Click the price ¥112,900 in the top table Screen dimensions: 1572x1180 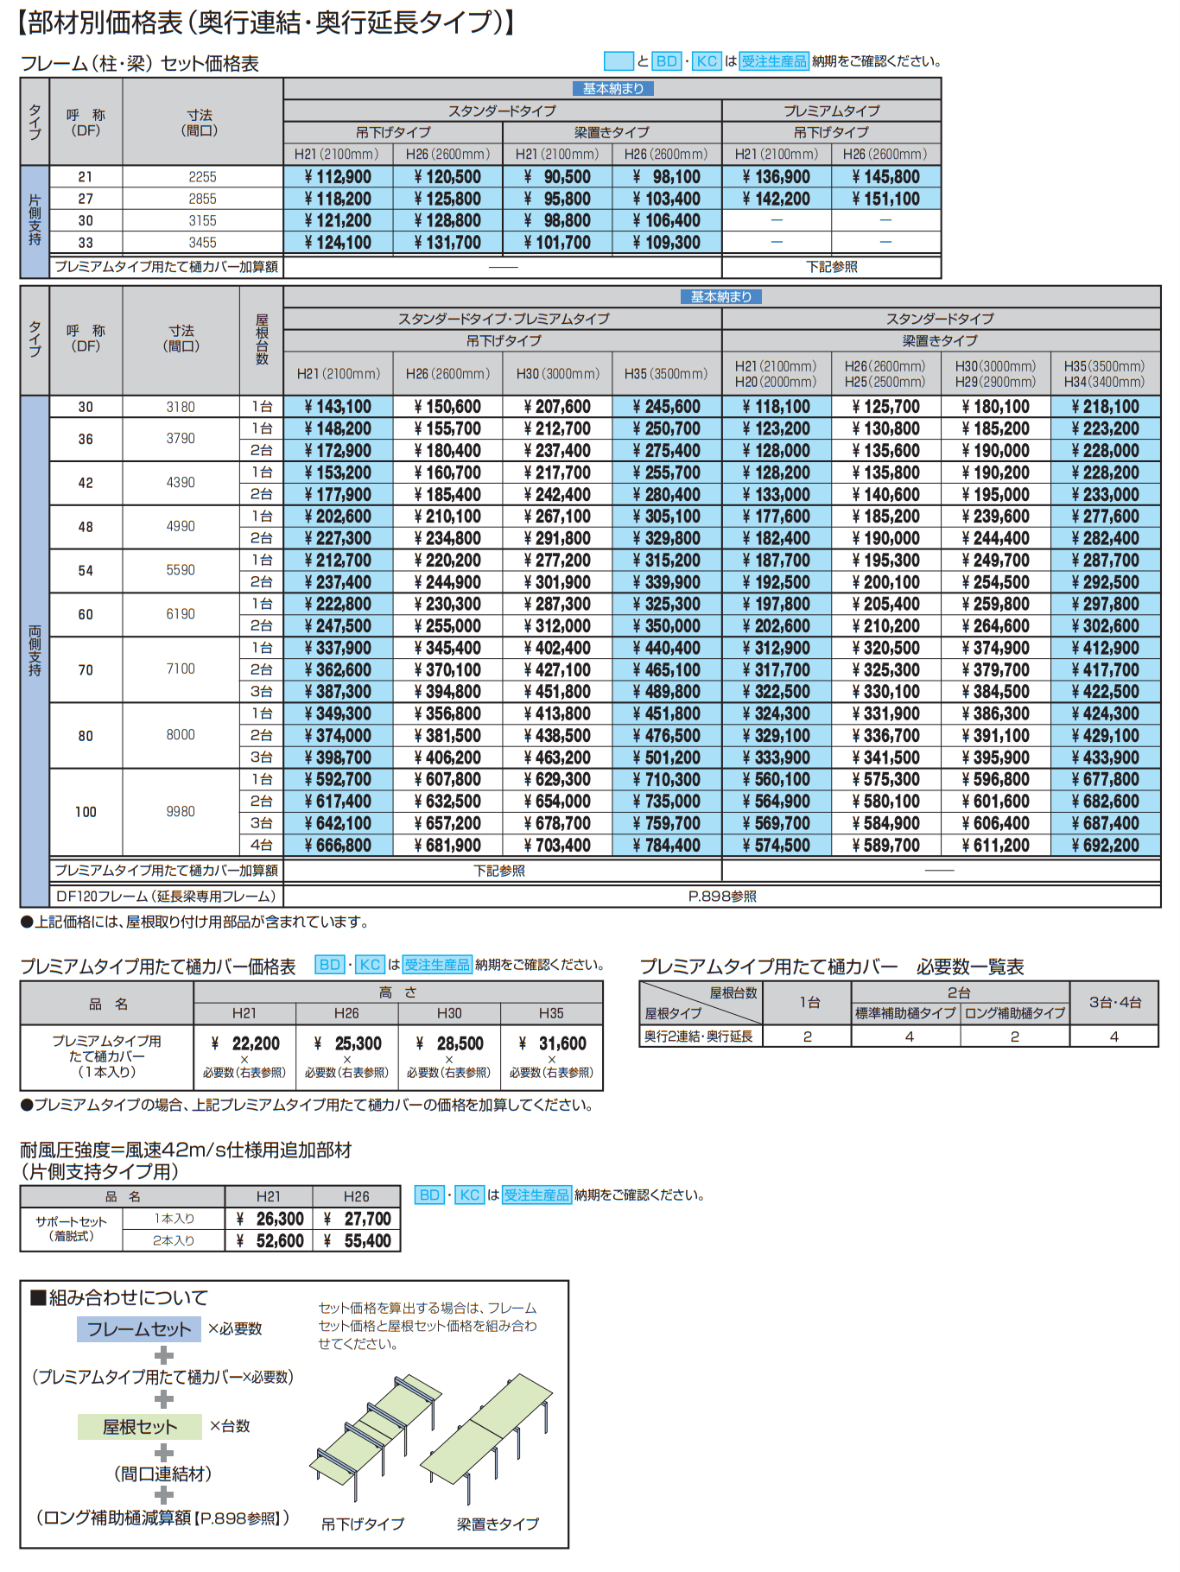pos(338,177)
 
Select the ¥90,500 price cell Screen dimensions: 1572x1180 pos(557,177)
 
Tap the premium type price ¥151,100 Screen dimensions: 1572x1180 pos(886,199)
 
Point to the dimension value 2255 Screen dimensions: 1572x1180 pos(202,177)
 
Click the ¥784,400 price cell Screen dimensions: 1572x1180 pos(667,846)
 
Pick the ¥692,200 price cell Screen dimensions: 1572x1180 pos(1105,846)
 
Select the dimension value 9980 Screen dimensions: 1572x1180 pos(181,812)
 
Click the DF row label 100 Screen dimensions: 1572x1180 pos(86,812)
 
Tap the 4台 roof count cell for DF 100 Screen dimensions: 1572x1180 pos(261,846)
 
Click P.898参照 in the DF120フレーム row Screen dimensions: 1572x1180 pos(722,897)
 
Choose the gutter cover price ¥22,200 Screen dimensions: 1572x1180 pos(245,1043)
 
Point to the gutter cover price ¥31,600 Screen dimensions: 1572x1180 pos(552,1043)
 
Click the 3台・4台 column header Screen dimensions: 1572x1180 pos(1114,1002)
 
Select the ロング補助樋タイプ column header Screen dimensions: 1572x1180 pos(1015,1013)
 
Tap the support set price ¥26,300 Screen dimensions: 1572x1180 pos(270,1219)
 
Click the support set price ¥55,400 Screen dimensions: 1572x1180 pos(358,1241)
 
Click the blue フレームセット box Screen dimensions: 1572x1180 pos(139,1329)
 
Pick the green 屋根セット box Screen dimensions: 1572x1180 pos(139,1427)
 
